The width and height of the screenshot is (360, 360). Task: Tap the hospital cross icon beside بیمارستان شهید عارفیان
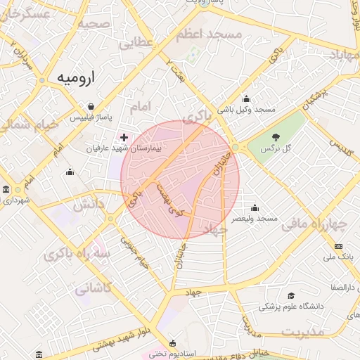click(124, 136)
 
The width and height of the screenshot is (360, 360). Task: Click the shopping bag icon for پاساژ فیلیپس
click(91, 107)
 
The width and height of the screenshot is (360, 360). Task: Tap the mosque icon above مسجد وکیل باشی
click(246, 98)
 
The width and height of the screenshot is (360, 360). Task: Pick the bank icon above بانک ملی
click(339, 246)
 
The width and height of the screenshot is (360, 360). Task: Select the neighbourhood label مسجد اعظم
click(209, 34)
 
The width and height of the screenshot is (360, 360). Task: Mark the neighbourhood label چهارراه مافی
click(314, 225)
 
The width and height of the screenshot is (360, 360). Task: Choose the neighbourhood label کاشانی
click(93, 288)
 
